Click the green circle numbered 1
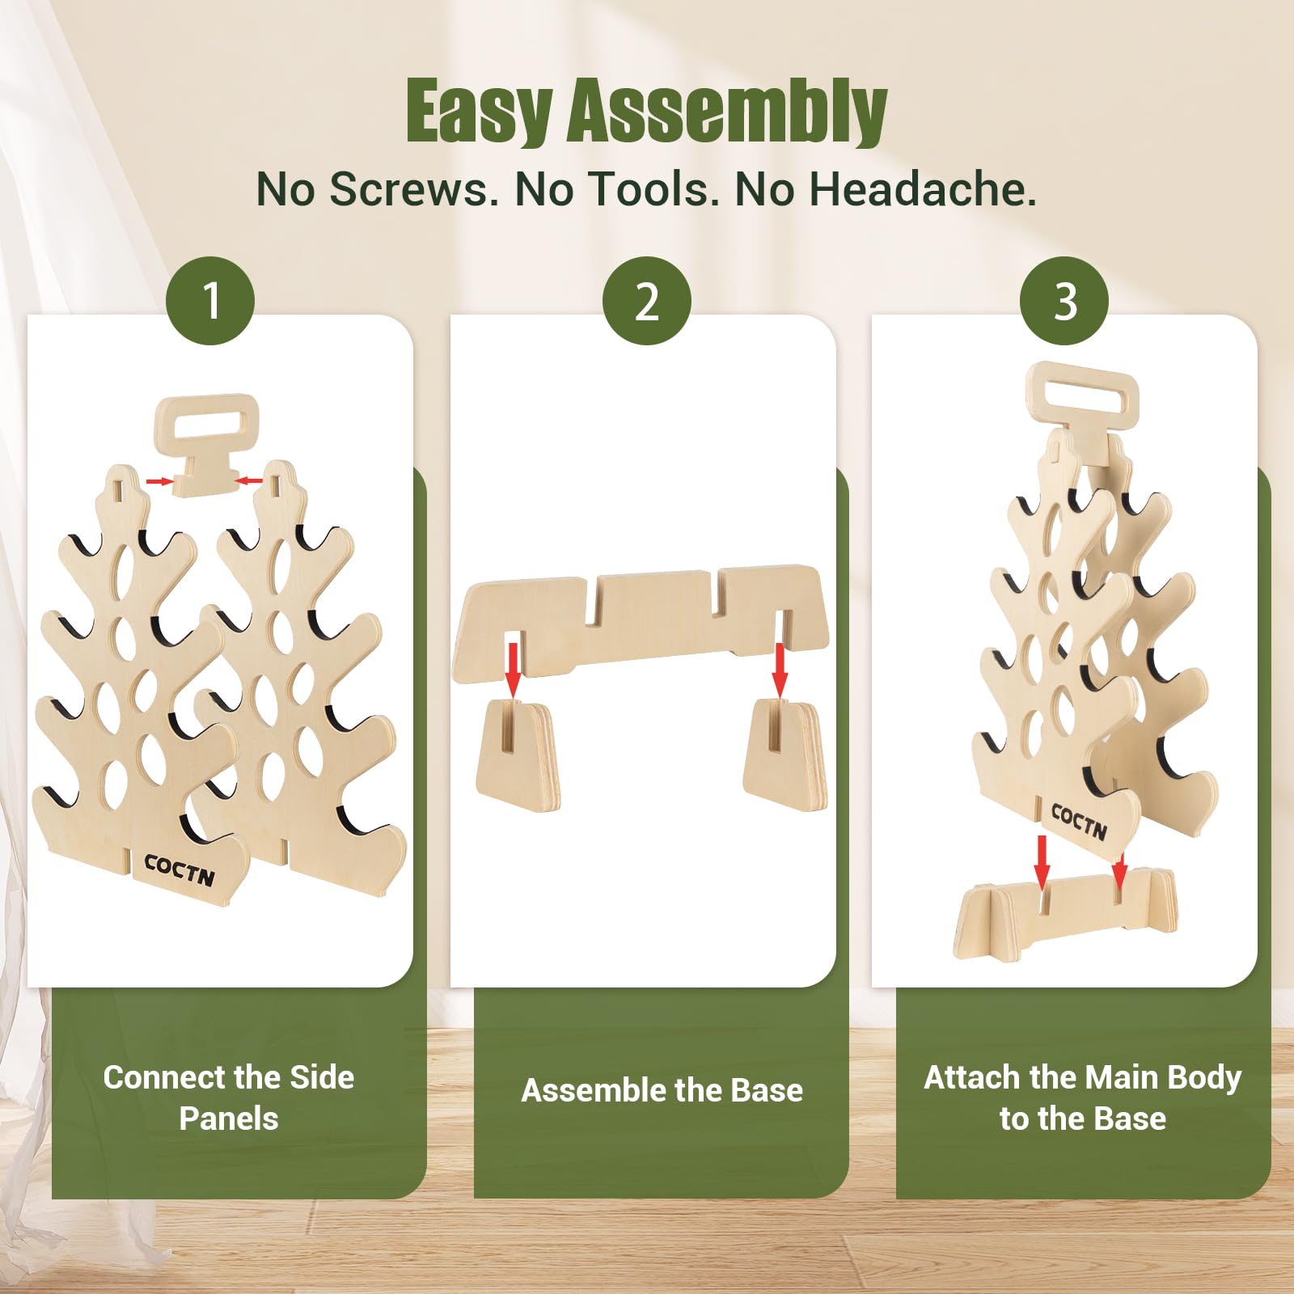(210, 301)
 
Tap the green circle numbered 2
(647, 301)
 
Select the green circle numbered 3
(1064, 301)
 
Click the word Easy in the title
(479, 112)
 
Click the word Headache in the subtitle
(923, 189)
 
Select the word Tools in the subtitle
(653, 190)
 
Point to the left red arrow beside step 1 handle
(160, 481)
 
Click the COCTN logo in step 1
(180, 869)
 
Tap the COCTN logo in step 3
(1079, 821)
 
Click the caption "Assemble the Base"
(662, 1090)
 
